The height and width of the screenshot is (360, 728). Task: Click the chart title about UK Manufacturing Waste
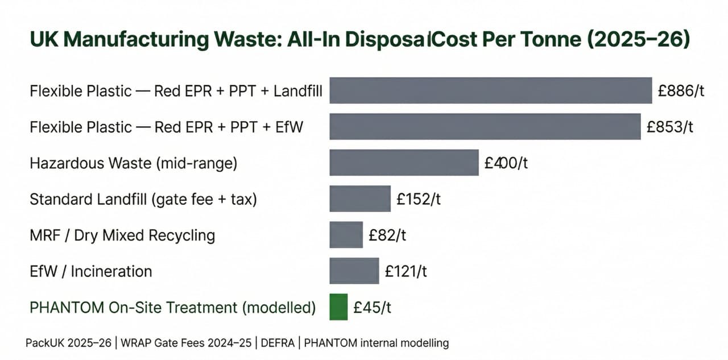[359, 42]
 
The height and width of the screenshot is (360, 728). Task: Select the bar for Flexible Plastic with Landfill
[490, 90]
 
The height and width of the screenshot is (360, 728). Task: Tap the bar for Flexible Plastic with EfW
[485, 127]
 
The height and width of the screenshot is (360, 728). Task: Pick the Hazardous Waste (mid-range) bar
[404, 163]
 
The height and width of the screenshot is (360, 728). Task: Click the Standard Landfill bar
[360, 199]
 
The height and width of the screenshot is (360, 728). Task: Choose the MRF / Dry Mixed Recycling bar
[346, 235]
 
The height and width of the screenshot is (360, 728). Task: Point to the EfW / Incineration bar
[354, 271]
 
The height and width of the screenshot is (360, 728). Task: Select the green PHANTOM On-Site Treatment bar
[338, 307]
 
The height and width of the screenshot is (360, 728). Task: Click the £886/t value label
[681, 90]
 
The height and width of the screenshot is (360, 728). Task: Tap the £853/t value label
[670, 127]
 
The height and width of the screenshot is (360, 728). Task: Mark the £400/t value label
[507, 163]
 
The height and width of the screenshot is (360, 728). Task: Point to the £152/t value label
[419, 199]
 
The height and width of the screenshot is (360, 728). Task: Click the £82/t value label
[387, 235]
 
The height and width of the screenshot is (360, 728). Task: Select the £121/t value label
[406, 271]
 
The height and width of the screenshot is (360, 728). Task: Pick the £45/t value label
[372, 307]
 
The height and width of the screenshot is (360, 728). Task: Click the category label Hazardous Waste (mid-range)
[133, 163]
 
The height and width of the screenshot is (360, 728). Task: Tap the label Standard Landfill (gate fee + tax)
[143, 199]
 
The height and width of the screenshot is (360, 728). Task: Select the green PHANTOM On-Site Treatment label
[172, 308]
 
